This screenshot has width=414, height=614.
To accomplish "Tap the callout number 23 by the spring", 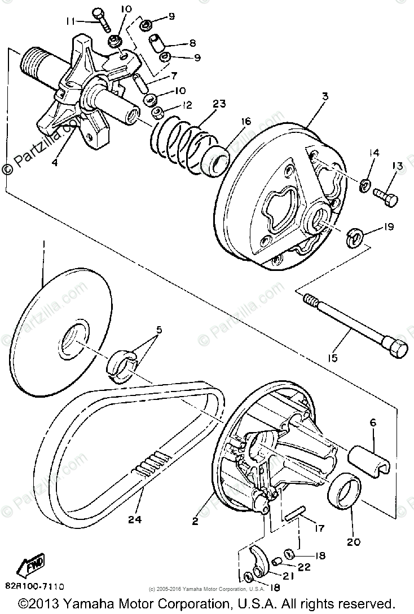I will tap(219, 104).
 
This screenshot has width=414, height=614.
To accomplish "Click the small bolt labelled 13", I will tap(385, 196).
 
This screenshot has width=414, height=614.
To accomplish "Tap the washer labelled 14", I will tap(364, 184).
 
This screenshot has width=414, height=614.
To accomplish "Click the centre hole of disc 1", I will tap(74, 342).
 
